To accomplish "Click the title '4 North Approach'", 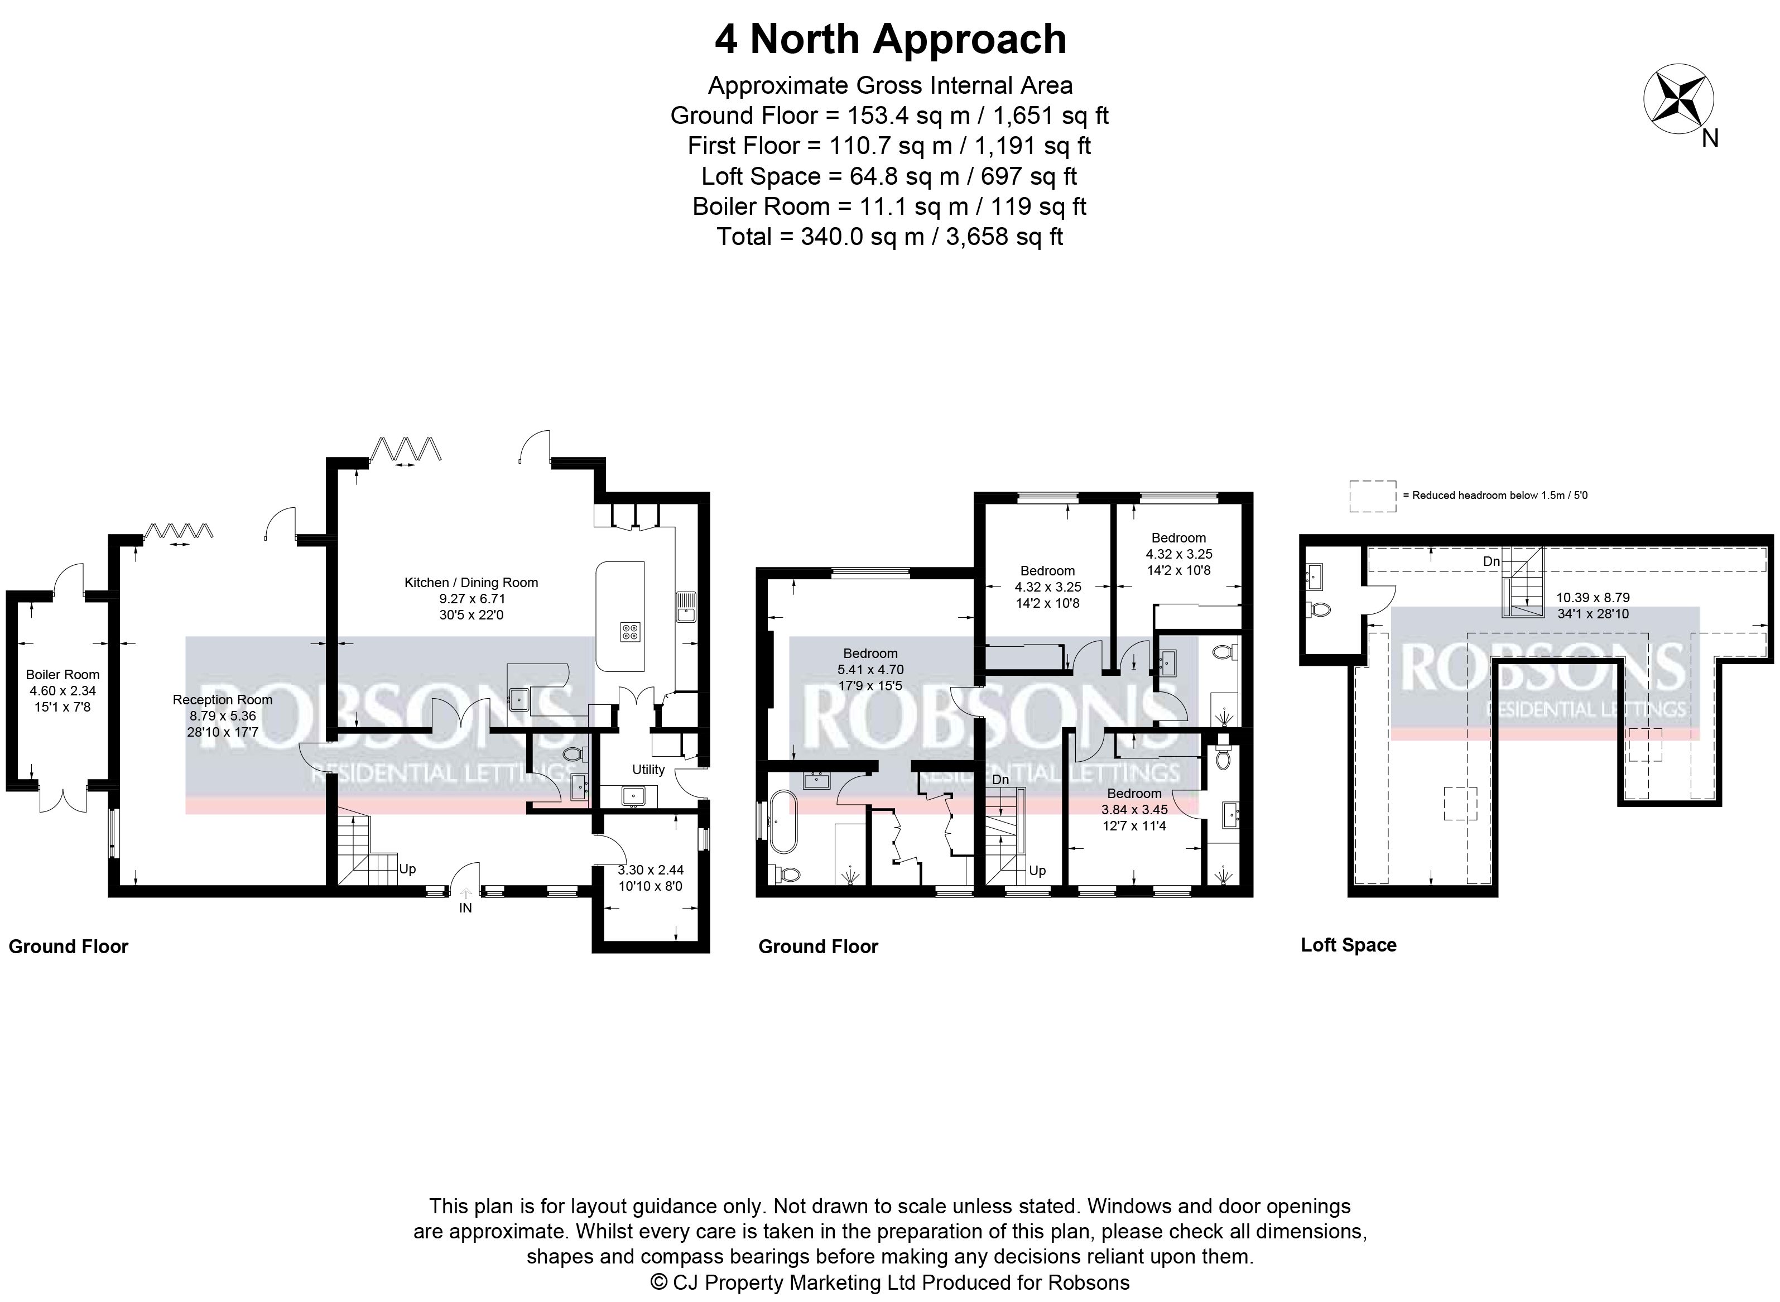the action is click(x=891, y=40).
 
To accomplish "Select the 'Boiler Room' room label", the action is click(x=62, y=675).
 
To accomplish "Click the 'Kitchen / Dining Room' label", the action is click(x=471, y=583).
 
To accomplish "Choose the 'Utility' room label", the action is click(x=648, y=769).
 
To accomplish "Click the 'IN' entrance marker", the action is click(x=466, y=908).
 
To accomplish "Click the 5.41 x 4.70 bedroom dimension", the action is click(x=870, y=670).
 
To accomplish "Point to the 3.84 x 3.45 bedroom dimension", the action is click(x=1134, y=809).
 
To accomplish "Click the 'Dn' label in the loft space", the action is click(x=1492, y=561).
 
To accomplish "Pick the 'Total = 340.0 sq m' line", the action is click(x=889, y=237).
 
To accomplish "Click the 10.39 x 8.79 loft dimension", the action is click(x=1593, y=597).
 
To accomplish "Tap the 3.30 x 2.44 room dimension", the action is click(x=650, y=870).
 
